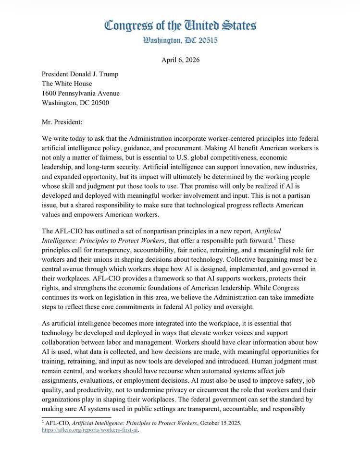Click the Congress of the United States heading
[180, 25]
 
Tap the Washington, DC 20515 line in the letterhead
[180, 41]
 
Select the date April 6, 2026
[180, 60]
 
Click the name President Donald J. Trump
[80, 74]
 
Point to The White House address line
[67, 84]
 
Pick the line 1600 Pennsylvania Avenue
[81, 93]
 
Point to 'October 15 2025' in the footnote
[219, 423]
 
